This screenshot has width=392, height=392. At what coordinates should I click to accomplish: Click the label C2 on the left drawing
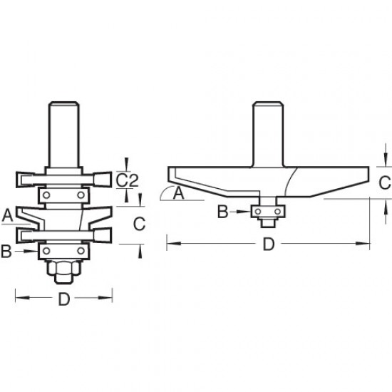[126, 179]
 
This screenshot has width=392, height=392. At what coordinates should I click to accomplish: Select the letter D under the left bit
[64, 300]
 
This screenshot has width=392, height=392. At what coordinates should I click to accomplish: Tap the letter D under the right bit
[268, 245]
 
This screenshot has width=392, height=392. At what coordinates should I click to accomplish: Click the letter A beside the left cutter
[8, 213]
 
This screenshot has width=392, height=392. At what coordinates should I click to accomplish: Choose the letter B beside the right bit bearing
[223, 211]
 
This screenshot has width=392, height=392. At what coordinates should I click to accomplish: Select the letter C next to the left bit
[140, 223]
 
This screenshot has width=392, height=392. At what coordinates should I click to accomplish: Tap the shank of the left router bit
[64, 132]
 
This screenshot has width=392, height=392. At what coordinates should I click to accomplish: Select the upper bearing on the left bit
[64, 195]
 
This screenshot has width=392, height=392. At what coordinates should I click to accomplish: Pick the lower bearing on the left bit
[64, 250]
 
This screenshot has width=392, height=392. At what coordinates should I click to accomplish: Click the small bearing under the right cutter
[269, 211]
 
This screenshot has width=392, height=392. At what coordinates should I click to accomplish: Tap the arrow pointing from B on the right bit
[241, 211]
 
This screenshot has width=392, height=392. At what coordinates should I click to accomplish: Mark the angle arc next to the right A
[165, 192]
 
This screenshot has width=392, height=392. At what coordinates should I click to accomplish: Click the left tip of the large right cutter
[169, 172]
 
